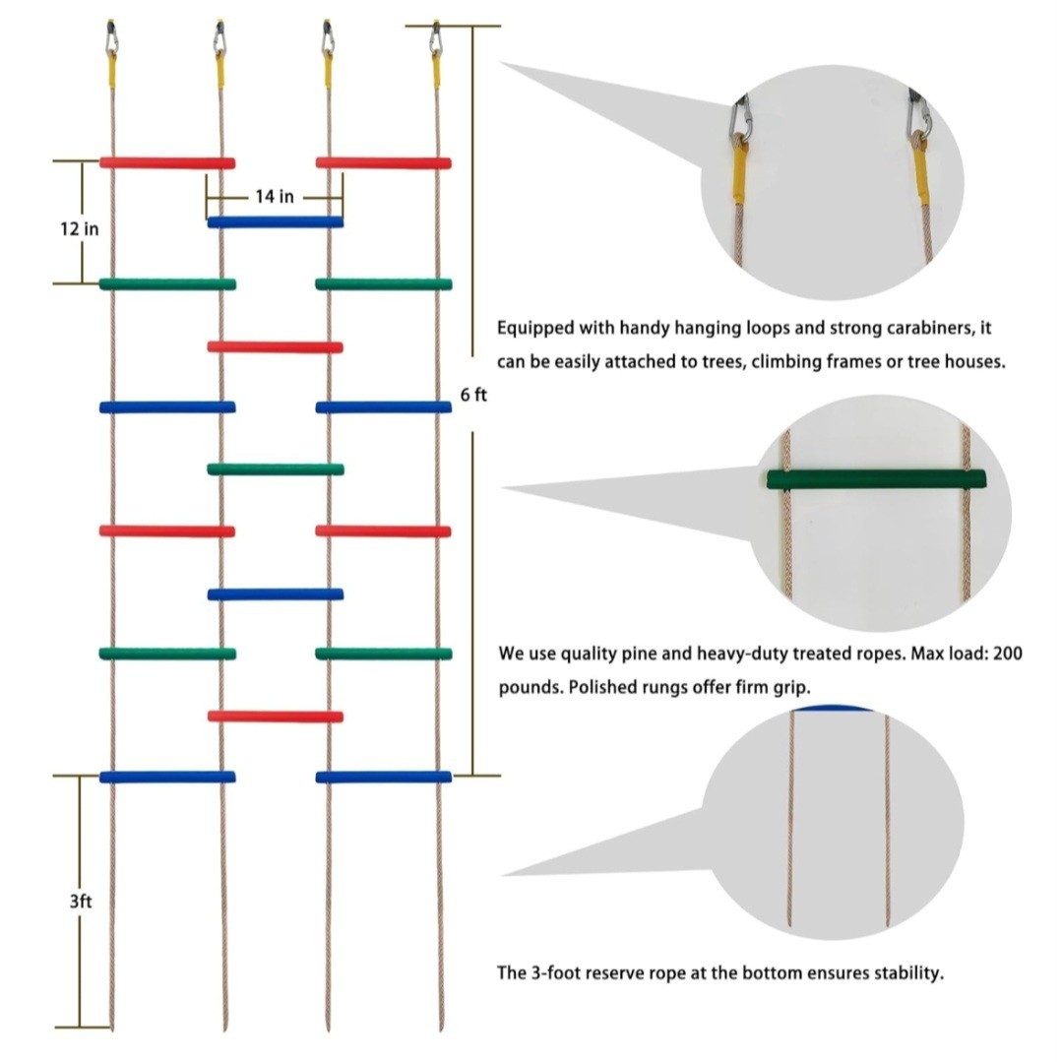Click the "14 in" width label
pyautogui.click(x=275, y=197)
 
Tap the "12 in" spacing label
pyautogui.click(x=79, y=229)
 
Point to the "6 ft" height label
pyautogui.click(x=473, y=395)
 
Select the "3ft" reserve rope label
pyautogui.click(x=81, y=900)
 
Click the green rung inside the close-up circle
pyautogui.click(x=875, y=479)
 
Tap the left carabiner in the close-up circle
pyautogui.click(x=740, y=120)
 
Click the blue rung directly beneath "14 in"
pyautogui.click(x=275, y=222)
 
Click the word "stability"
pyautogui.click(x=905, y=973)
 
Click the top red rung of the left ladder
pyautogui.click(x=167, y=162)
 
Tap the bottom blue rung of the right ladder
pyautogui.click(x=384, y=777)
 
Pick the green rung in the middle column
pyautogui.click(x=275, y=469)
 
